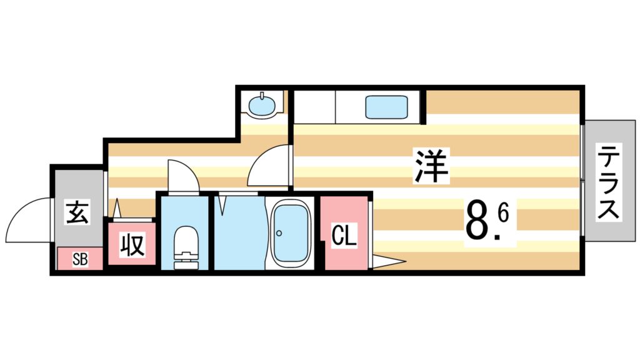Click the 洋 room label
pyautogui.click(x=431, y=166)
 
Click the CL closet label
pyautogui.click(x=344, y=236)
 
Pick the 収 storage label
pyautogui.click(x=132, y=245)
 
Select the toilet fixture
pyautogui.click(x=184, y=247)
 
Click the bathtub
pyautogui.click(x=289, y=232)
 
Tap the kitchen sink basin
pyautogui.click(x=387, y=107)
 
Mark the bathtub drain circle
pyautogui.click(x=279, y=234)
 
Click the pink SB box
pyautogui.click(x=80, y=259)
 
